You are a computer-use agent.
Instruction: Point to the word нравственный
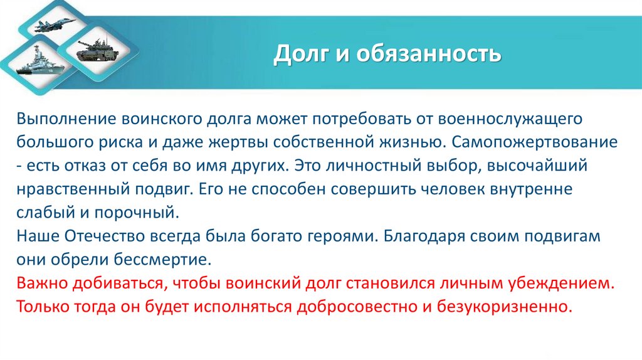[70, 189]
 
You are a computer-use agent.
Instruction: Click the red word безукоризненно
[508, 307]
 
